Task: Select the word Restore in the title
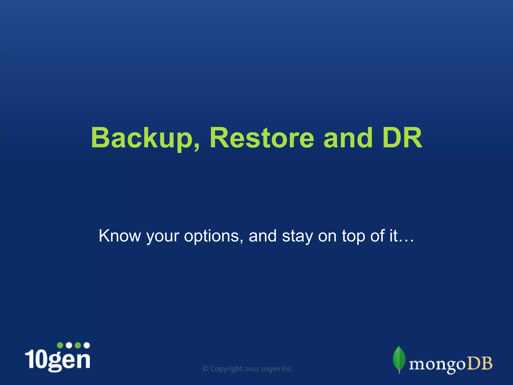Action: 262,138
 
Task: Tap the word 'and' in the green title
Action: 348,138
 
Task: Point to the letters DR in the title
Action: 402,138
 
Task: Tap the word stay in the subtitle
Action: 297,236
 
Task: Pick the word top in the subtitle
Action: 353,236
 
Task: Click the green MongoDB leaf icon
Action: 399,359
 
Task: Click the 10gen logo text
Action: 58,360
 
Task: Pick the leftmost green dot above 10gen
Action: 60,345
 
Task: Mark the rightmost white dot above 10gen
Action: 87,345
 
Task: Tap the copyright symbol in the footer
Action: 206,369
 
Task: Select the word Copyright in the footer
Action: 226,369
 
